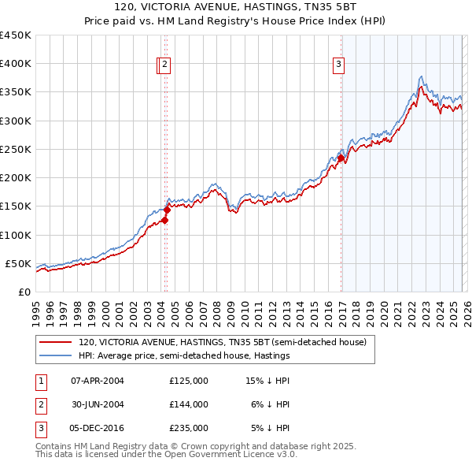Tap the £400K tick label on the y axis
16,64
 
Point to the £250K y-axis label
16,149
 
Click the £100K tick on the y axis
16,235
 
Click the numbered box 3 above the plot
338,65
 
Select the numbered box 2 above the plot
166,65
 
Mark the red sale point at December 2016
341,158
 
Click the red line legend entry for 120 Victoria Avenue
222,343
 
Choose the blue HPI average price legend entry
184,356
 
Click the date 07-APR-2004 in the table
98,380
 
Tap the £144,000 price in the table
189,404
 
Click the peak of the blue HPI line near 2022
421,76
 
